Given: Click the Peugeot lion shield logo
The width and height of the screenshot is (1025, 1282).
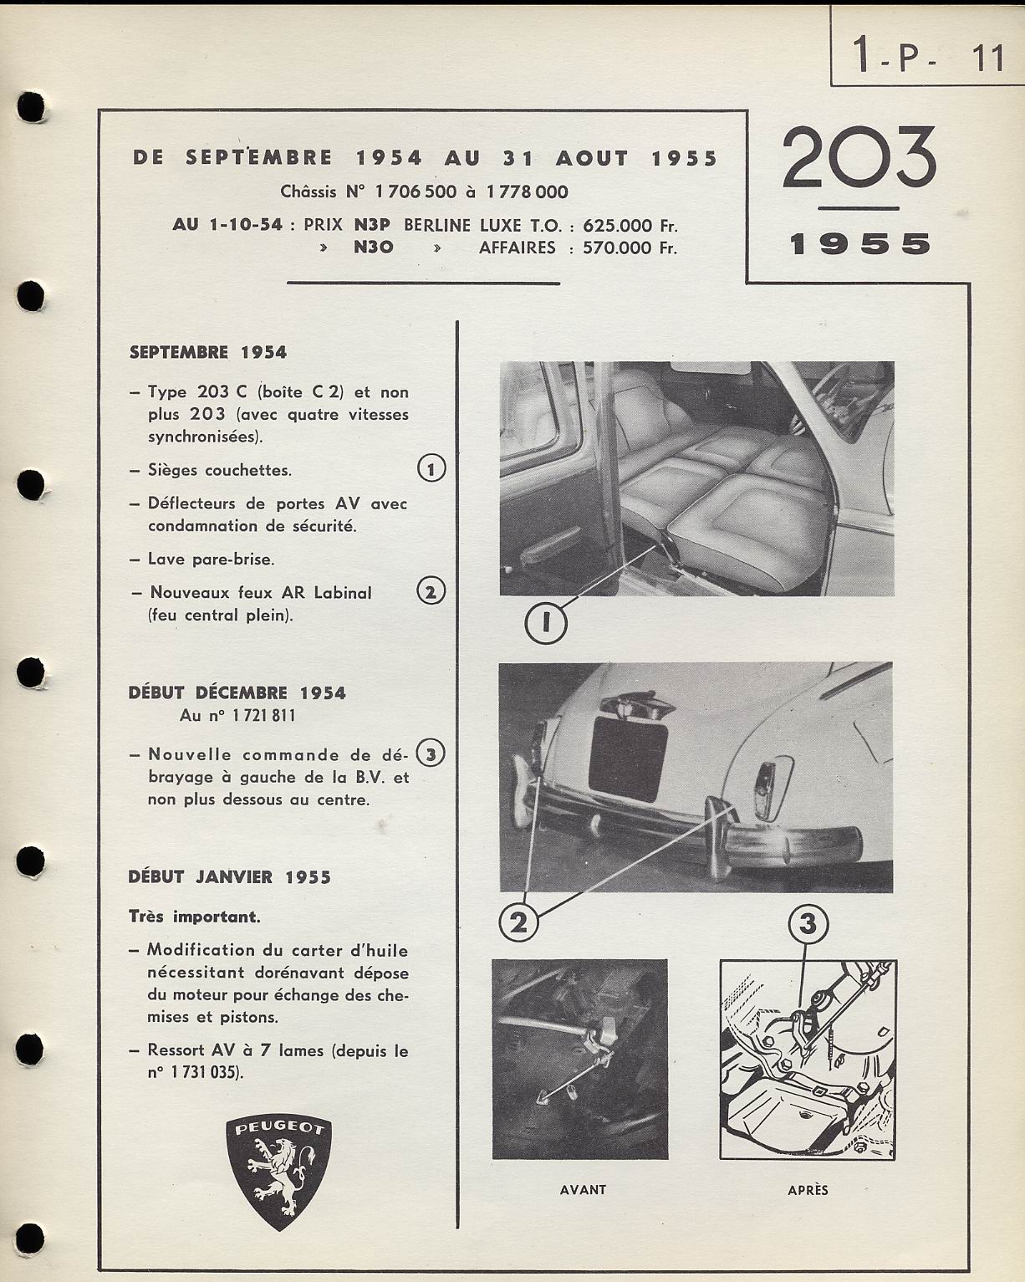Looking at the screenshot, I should coord(278,1172).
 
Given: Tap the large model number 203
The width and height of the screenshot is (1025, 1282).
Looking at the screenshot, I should coord(859,158).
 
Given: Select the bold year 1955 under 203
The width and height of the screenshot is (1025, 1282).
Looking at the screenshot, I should coord(859,244).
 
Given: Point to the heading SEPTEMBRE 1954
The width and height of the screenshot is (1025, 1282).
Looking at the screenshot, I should coord(208,353).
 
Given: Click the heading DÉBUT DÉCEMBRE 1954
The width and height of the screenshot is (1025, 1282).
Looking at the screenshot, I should coord(237,692).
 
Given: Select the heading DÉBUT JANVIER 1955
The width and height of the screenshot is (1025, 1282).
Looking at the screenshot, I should coord(229,877).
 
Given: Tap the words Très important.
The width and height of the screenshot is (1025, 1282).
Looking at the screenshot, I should coord(194,917).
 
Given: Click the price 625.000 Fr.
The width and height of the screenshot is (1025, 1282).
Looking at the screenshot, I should coord(630,226).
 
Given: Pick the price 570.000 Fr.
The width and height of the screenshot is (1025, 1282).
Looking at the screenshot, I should coord(630,248).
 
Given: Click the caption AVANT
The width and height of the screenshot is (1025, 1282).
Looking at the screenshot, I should coord(583,1189).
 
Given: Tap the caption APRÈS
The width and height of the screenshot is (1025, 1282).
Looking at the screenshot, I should coord(808,1189).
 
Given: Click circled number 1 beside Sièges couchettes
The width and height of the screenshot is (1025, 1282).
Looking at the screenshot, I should coord(431,469).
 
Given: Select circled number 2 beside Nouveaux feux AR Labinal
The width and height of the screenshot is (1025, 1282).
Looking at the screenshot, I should coord(431,592).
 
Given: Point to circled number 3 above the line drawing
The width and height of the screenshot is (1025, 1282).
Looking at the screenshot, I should coord(808,924).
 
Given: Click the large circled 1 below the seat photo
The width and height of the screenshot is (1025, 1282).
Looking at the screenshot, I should coord(546,623).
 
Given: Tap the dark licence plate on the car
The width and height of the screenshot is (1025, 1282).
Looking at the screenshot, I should coord(627,760).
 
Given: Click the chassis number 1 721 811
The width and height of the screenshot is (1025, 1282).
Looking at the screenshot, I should coord(237,715).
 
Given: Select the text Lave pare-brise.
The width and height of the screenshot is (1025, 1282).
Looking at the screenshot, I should coord(211,559).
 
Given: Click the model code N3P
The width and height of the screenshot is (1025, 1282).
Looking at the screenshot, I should coord(372,226).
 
